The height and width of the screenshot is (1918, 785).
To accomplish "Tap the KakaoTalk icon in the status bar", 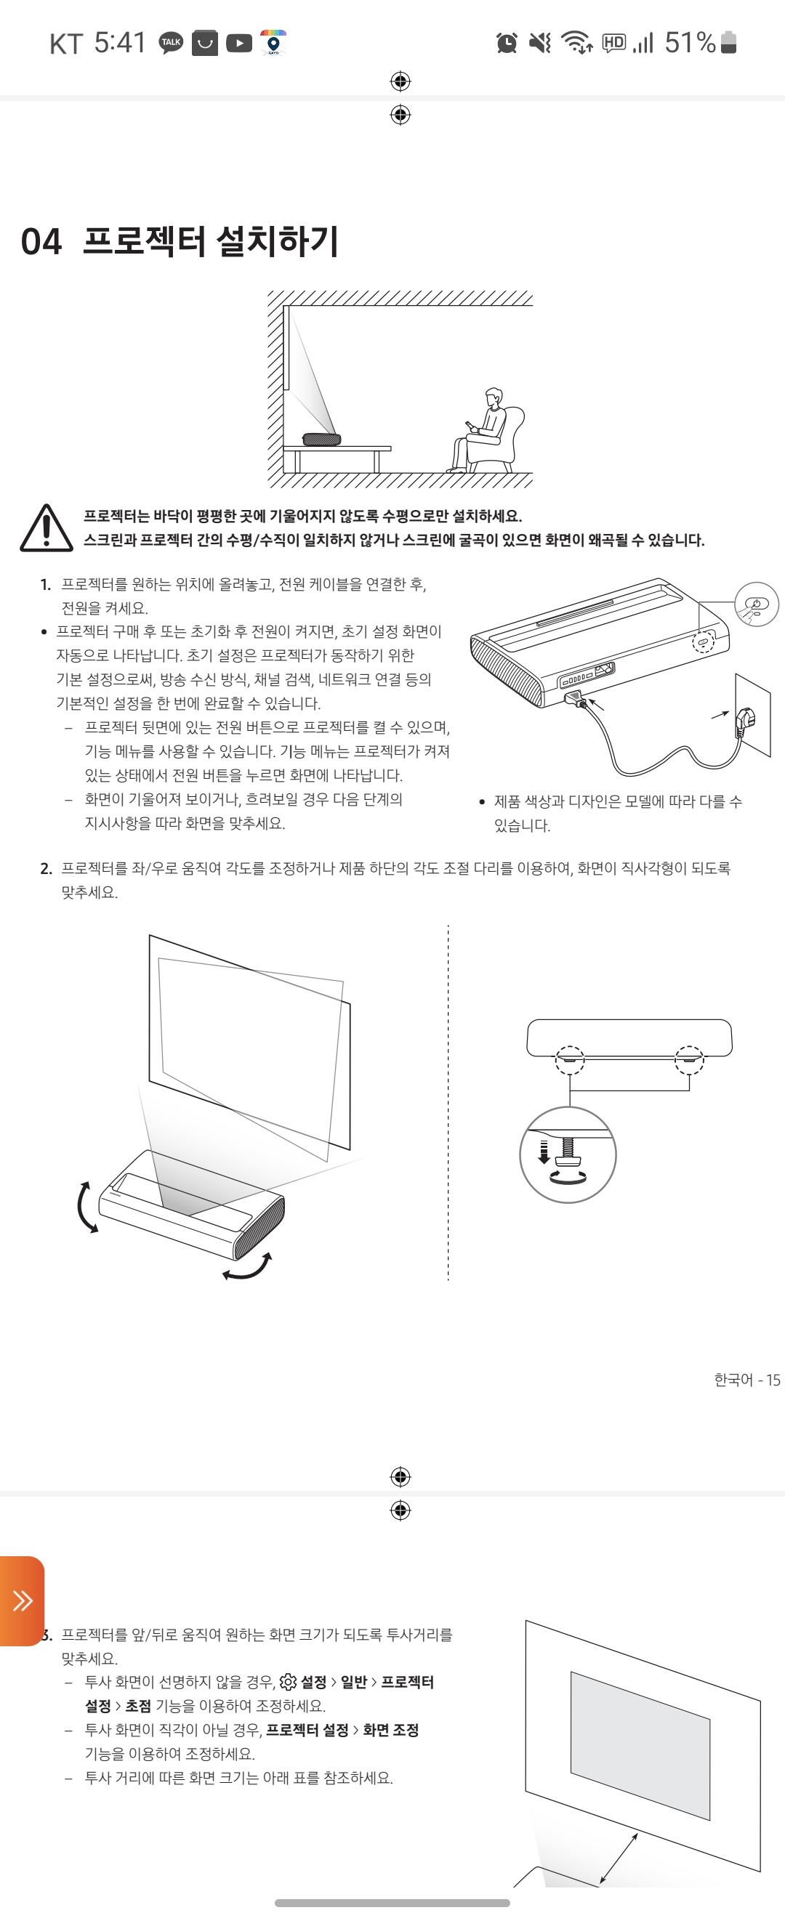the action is (x=172, y=43).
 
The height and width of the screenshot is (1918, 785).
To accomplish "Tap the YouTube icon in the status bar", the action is (x=239, y=43).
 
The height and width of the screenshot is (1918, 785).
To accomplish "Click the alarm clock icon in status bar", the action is (x=507, y=42).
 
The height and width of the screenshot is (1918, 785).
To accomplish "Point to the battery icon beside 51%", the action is (x=729, y=42).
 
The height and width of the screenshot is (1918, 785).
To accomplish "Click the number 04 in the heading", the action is (x=41, y=242).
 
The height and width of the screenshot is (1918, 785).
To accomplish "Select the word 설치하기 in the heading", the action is (x=277, y=241).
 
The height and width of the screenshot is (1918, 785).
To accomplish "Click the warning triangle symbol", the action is (x=47, y=528).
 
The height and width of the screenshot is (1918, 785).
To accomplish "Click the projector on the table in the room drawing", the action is (x=321, y=440).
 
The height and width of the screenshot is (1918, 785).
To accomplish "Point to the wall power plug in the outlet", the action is (x=745, y=720).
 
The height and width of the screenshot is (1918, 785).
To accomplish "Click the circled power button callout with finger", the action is (x=756, y=604).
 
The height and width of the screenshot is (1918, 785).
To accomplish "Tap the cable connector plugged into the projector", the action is (x=575, y=698).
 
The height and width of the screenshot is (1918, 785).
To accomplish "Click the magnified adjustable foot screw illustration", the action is (x=568, y=1154).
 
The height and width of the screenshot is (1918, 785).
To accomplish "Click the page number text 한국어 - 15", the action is (x=747, y=1380).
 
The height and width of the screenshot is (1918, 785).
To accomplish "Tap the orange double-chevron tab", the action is (x=22, y=1599).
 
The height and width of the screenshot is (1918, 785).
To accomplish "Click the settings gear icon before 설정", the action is (x=288, y=1682).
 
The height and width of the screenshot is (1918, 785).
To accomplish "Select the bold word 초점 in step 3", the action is (x=138, y=1706).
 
